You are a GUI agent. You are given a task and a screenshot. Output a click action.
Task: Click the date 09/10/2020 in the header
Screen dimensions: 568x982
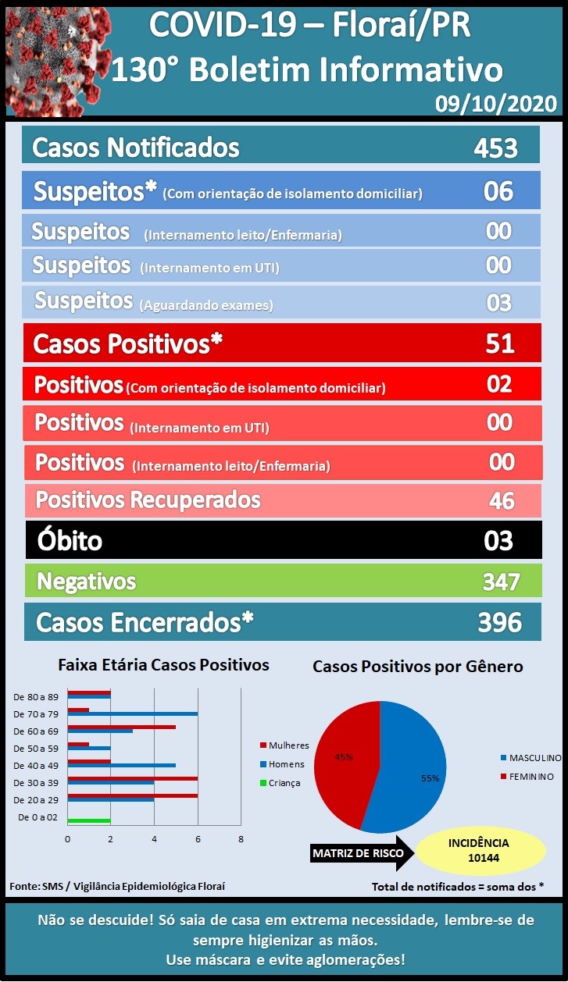tap(496, 104)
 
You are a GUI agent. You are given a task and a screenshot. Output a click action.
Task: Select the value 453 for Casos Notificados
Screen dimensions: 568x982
tap(495, 148)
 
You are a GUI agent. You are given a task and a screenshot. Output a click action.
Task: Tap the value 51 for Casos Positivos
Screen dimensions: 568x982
tap(500, 343)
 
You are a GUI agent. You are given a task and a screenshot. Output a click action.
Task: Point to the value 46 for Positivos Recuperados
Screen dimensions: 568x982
tap(502, 500)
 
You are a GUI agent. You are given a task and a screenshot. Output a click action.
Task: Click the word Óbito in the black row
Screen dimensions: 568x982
tap(70, 540)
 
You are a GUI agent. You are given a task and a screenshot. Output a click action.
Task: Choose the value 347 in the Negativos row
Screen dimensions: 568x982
tap(502, 582)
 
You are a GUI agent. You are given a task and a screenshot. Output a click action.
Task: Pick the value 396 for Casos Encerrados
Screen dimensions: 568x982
tap(500, 622)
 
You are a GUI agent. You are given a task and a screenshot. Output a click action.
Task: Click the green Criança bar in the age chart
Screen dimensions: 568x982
tap(89, 820)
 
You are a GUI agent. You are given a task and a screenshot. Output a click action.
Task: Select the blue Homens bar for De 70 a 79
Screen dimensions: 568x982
tap(133, 713)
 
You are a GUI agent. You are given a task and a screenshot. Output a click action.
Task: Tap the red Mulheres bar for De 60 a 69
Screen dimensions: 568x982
tap(122, 727)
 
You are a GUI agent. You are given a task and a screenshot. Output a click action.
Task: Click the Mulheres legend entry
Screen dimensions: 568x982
tap(284, 745)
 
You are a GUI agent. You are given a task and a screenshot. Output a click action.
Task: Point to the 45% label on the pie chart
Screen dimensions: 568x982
tap(344, 757)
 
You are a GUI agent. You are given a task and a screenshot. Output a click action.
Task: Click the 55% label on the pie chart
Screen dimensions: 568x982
tap(430, 778)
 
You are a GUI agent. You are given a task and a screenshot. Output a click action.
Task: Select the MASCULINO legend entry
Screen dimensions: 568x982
tap(531, 757)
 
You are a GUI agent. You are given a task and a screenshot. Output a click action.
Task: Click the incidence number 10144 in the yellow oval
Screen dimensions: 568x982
tap(484, 858)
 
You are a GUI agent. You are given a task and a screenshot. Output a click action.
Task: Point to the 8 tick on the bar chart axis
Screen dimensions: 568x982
tap(241, 839)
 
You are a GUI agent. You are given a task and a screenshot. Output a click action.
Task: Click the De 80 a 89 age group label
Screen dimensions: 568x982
tap(36, 697)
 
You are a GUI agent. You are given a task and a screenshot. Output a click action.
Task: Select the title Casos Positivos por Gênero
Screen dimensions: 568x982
tap(418, 667)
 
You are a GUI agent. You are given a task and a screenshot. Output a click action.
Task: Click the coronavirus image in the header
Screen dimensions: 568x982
tap(57, 62)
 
